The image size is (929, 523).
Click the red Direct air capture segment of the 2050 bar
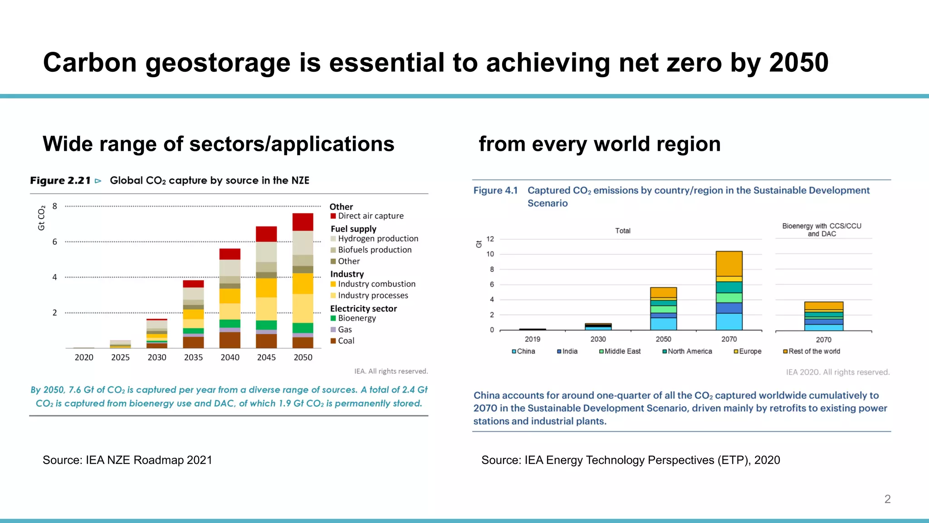pos(303,222)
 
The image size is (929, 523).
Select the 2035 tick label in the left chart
pos(193,357)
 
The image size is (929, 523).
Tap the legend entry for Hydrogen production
pos(378,239)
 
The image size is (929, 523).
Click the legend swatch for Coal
pos(333,341)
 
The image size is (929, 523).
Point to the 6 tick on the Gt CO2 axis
pos(55,242)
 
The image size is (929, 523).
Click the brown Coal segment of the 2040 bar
pos(230,340)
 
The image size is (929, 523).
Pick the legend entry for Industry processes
pos(372,296)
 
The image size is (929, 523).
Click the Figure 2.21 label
pos(60,181)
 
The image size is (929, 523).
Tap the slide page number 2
pos(887,499)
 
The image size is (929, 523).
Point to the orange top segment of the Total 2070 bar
pos(729,263)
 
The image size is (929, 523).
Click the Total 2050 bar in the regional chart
pos(663,309)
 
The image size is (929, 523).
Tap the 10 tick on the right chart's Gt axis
pos(490,254)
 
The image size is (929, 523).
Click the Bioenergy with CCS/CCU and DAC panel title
pos(821,230)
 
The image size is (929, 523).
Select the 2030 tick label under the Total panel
pos(598,339)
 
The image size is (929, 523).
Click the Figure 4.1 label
pos(495,191)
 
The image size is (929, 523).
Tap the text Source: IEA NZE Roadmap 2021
pos(127,460)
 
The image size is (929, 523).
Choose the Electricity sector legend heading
pos(363,309)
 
